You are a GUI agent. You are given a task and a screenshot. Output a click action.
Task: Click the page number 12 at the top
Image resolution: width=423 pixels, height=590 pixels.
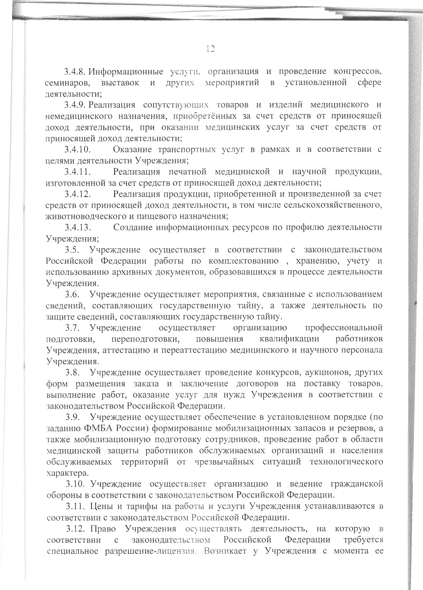pyautogui.click(x=210, y=49)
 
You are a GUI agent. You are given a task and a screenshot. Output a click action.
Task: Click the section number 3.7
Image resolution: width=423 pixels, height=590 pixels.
pyautogui.click(x=73, y=327)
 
